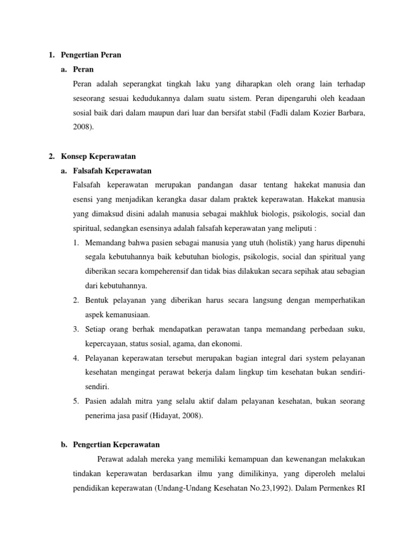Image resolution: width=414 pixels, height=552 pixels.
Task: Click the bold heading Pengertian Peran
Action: (91, 55)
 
